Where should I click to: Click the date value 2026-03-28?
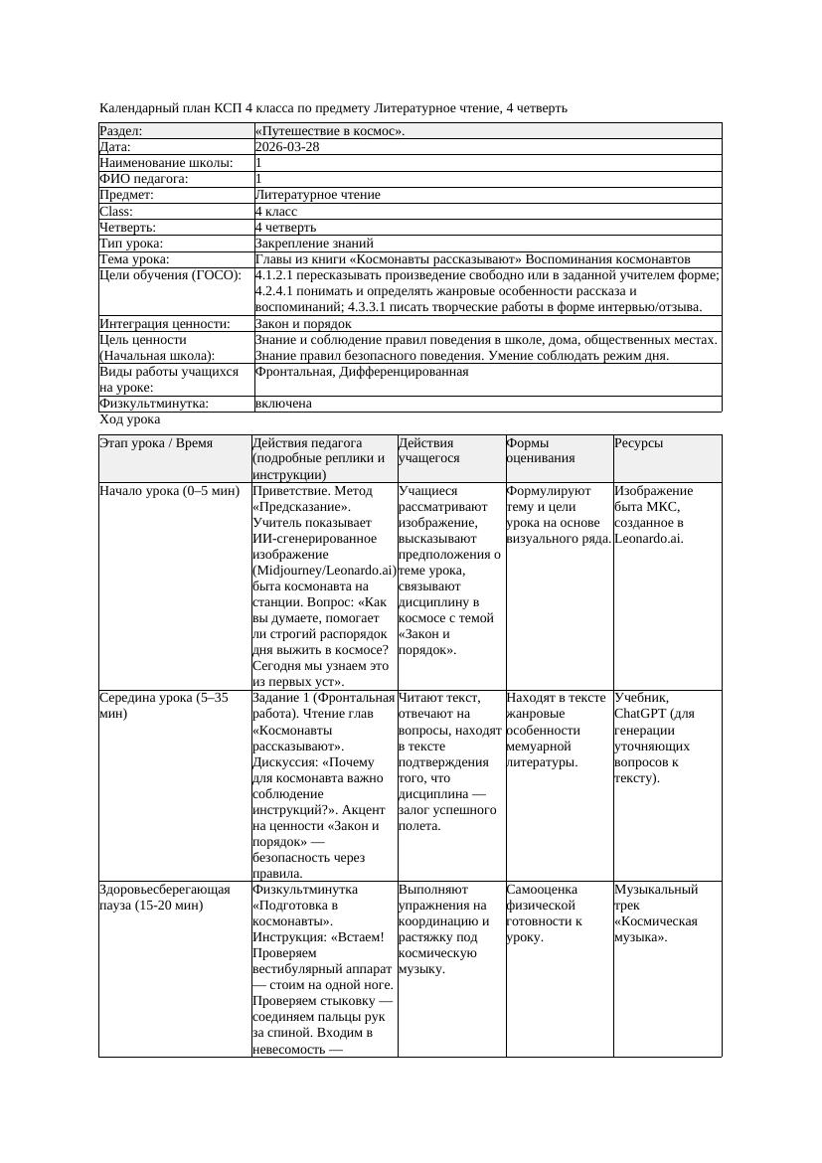coord(287,147)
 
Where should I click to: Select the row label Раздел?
coord(121,131)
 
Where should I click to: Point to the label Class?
coord(116,212)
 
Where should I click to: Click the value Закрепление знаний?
coord(314,244)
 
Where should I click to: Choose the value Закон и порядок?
coord(303,324)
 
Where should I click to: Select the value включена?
coord(283,404)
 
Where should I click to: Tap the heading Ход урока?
coord(129,420)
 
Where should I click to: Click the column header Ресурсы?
coord(638,443)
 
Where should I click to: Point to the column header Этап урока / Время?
coord(156,443)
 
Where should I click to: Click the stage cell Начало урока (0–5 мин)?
coord(170,491)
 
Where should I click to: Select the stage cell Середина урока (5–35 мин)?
coord(165,706)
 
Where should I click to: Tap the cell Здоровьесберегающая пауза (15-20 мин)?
coord(165,897)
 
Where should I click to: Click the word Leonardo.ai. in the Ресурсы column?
coord(649,539)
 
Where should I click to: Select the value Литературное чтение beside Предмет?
coord(317,196)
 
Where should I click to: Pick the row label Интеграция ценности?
coord(165,324)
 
